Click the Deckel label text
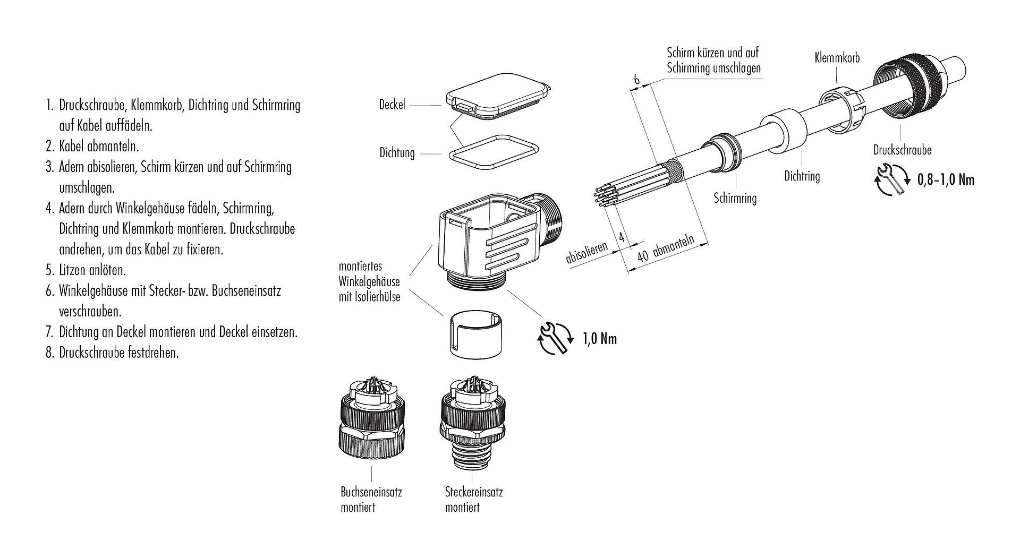tap(392, 105)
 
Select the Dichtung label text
tap(397, 153)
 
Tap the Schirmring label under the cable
tap(735, 199)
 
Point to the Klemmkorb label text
tap(837, 58)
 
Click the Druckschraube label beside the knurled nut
tap(902, 150)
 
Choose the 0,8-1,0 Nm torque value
tap(946, 180)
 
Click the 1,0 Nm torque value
tap(600, 339)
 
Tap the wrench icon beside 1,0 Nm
tap(556, 338)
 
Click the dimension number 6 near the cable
tap(636, 80)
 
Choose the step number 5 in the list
tap(49, 270)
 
